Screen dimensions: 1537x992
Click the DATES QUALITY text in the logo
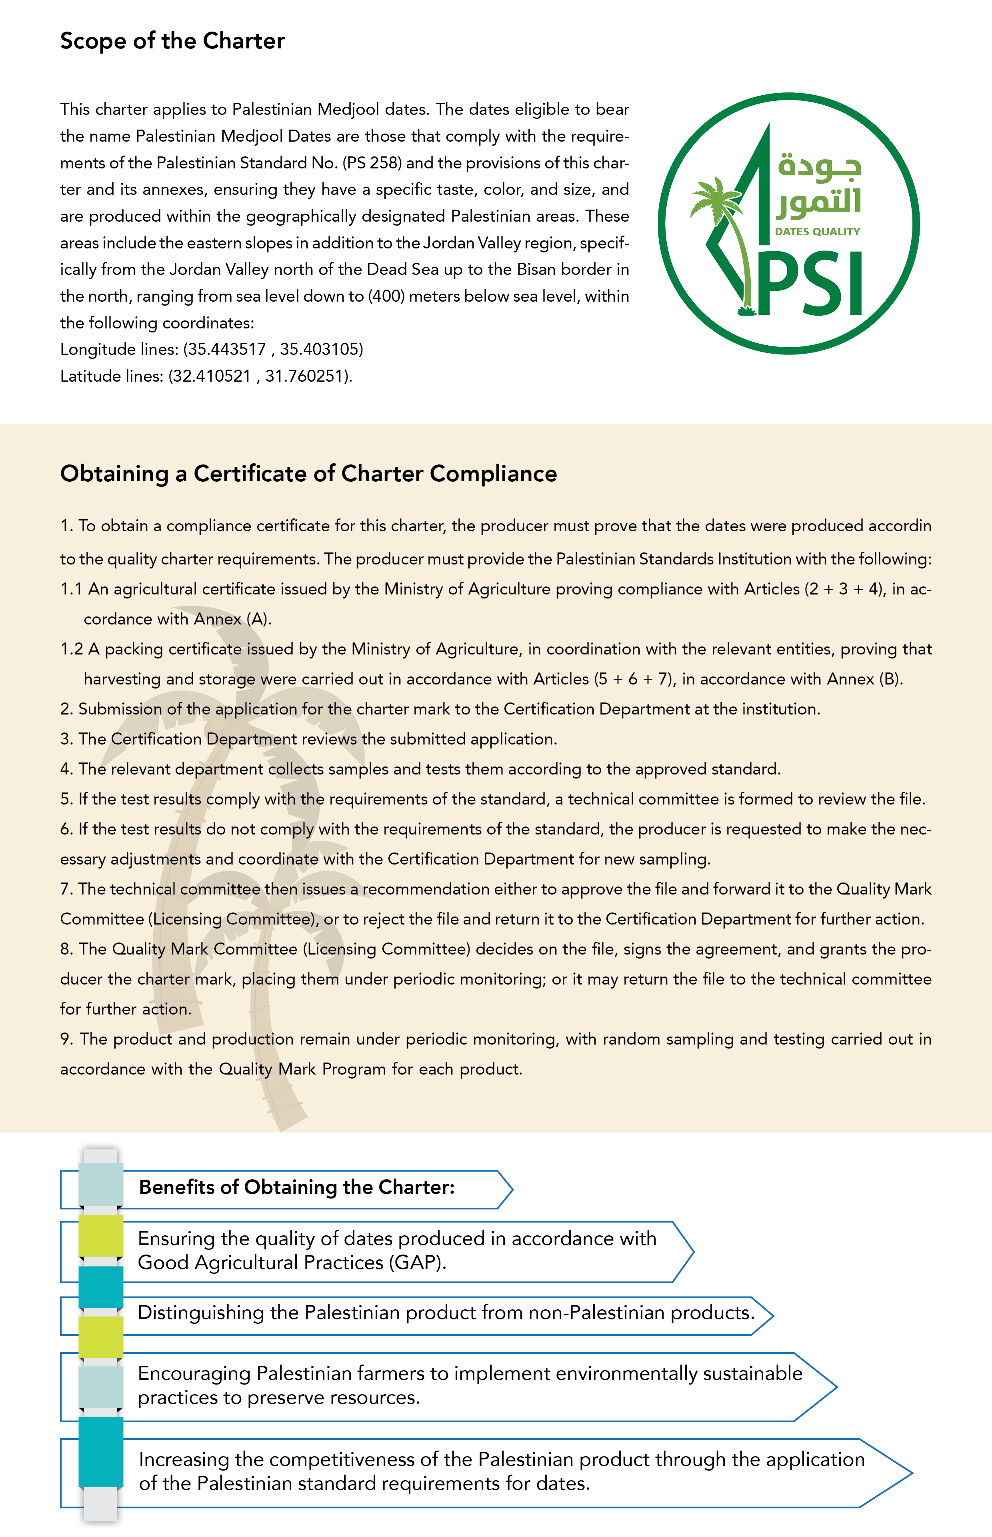click(818, 231)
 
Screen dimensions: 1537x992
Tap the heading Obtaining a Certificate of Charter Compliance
click(308, 474)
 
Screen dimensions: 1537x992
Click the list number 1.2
click(72, 648)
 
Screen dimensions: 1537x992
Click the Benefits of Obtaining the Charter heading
click(296, 1187)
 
